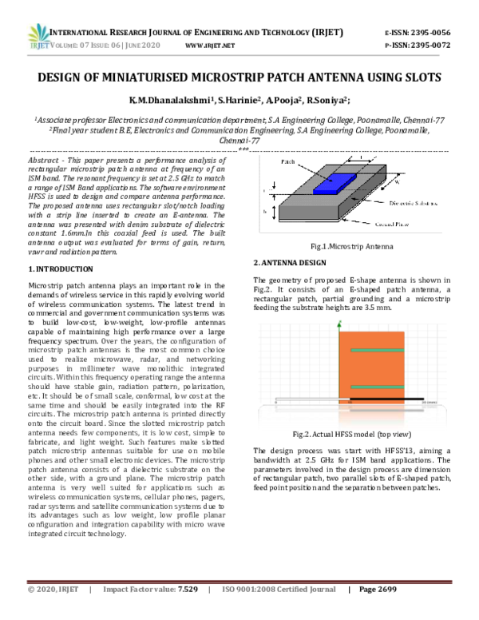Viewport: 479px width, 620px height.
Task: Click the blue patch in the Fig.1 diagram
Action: click(330, 185)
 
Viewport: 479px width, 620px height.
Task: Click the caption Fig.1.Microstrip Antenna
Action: click(352, 248)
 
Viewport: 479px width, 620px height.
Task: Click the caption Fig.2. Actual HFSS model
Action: click(352, 434)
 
